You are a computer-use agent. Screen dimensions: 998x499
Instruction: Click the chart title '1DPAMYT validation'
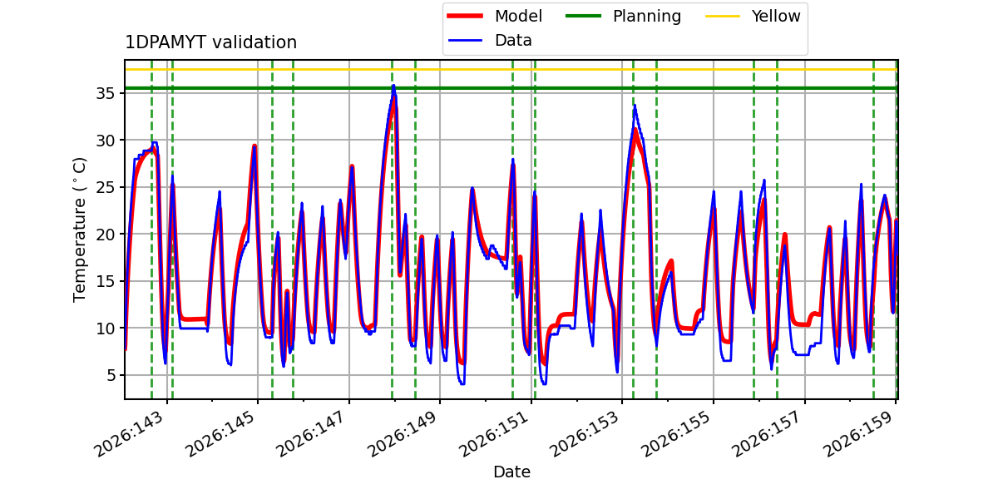pyautogui.click(x=210, y=42)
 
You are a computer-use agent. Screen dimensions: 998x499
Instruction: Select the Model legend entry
pyautogui.click(x=495, y=16)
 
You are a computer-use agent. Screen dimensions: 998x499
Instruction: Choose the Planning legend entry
pyautogui.click(x=623, y=16)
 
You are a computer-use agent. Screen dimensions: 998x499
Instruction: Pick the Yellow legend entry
pyautogui.click(x=753, y=16)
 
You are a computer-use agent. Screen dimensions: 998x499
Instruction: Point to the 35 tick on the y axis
pyautogui.click(x=105, y=93)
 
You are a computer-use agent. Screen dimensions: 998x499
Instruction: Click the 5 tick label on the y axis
pyautogui.click(x=110, y=375)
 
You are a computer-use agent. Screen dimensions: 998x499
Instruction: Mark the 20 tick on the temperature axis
pyautogui.click(x=105, y=235)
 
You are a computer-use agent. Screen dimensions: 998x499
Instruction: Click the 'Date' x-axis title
pyautogui.click(x=512, y=472)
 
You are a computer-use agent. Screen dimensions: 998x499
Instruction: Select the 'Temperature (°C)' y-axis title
pyautogui.click(x=79, y=230)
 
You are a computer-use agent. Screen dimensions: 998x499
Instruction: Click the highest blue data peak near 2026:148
pyautogui.click(x=393, y=86)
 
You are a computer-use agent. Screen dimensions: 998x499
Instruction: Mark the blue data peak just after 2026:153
pyautogui.click(x=635, y=106)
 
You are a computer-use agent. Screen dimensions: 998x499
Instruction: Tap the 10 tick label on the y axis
pyautogui.click(x=105, y=329)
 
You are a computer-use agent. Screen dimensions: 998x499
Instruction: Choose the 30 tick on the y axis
pyautogui.click(x=105, y=141)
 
